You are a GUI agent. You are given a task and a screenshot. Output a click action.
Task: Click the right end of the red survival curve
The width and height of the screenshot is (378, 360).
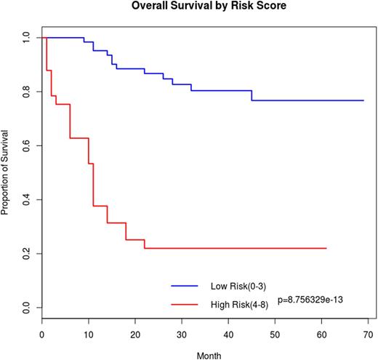coord(326,248)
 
